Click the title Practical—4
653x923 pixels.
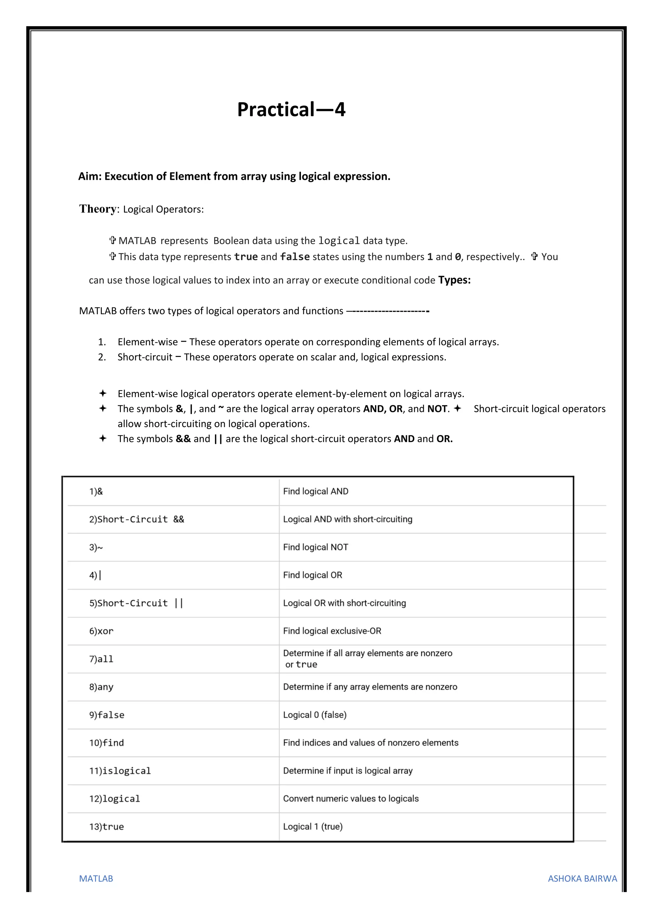click(x=291, y=109)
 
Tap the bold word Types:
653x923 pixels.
click(x=454, y=280)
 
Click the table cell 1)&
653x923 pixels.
click(x=96, y=491)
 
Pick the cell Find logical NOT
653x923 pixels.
click(x=316, y=547)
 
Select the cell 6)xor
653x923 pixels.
click(x=101, y=631)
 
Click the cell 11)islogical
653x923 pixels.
click(x=120, y=771)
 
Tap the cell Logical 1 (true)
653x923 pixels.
click(x=313, y=826)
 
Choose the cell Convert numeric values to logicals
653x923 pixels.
click(x=351, y=798)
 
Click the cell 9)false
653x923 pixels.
click(x=106, y=715)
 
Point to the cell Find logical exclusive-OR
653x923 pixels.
click(x=332, y=631)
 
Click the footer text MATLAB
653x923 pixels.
click(x=96, y=878)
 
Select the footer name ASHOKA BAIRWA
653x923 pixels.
click(x=582, y=878)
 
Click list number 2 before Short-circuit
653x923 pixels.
click(x=102, y=357)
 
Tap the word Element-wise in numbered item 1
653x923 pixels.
click(x=148, y=342)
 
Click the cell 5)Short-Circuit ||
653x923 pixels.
click(x=136, y=603)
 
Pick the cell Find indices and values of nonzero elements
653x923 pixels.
click(x=371, y=743)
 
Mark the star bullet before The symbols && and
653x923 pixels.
click(x=103, y=438)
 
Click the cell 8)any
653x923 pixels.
click(x=101, y=687)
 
